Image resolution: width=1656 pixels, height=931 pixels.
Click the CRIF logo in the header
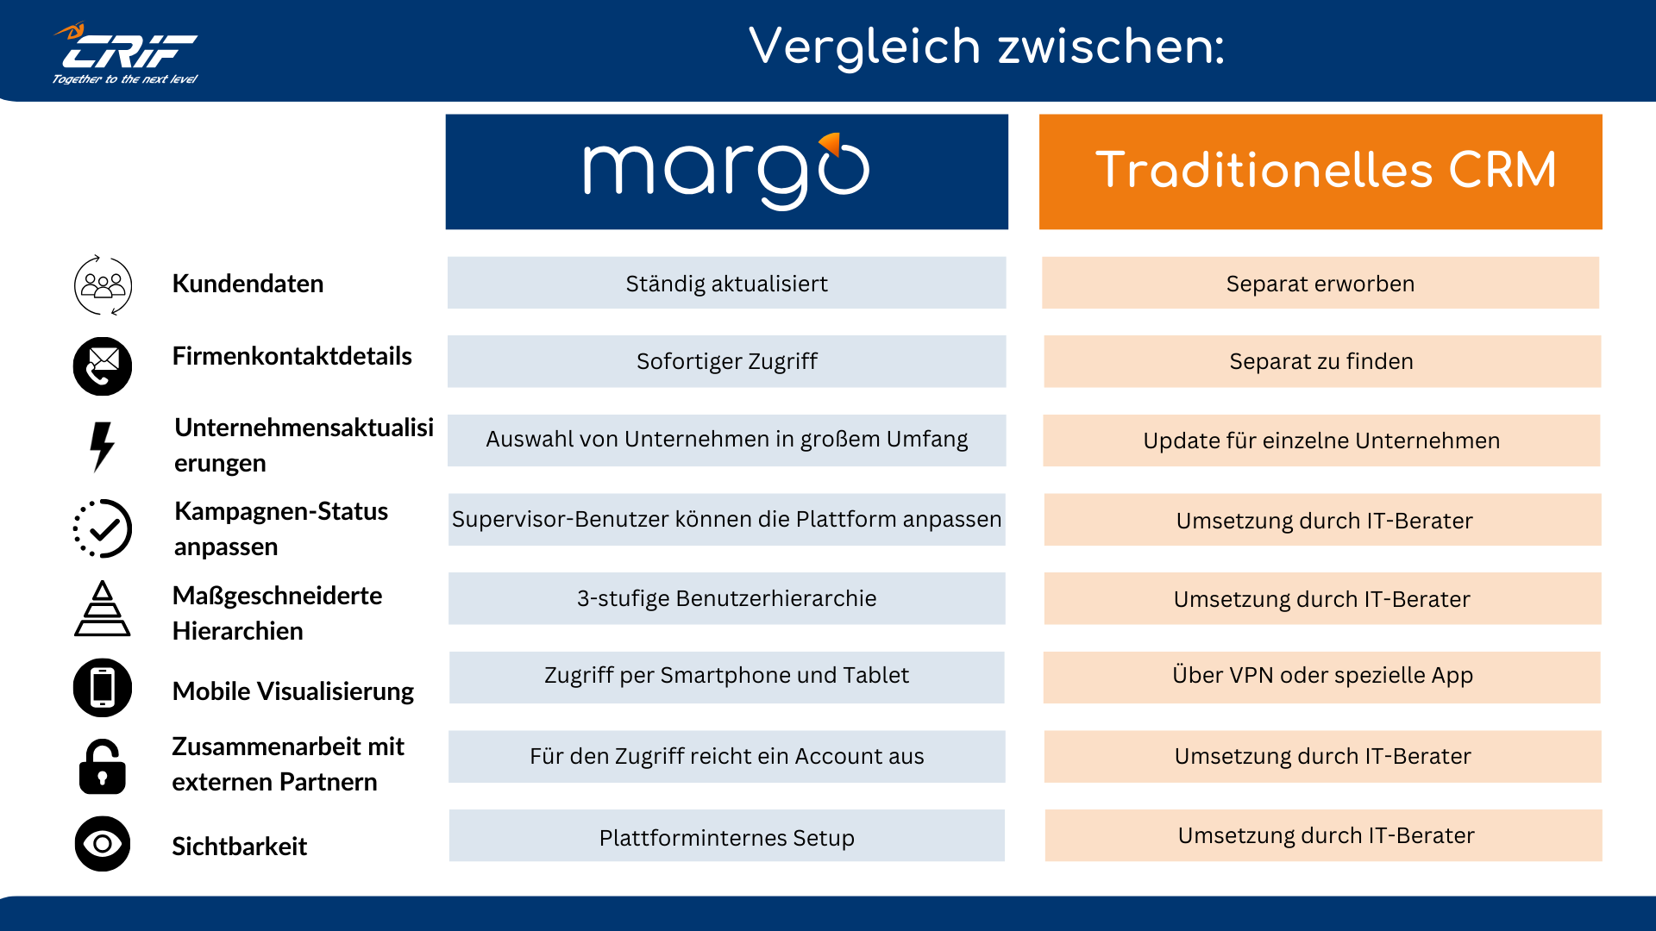(128, 50)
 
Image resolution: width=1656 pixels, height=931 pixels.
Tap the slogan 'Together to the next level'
(125, 79)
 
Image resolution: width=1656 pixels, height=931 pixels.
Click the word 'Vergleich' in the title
(864, 47)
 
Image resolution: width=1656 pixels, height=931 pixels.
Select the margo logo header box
(726, 172)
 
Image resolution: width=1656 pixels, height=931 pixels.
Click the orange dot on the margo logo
(831, 142)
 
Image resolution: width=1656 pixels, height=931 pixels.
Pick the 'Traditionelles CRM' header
(1320, 171)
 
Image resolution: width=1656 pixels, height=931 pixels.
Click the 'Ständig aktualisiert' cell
(726, 283)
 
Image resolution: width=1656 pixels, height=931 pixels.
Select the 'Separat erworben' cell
(1320, 283)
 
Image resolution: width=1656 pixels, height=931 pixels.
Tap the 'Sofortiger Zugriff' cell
(726, 361)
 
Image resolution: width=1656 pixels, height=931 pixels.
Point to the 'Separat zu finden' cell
(1321, 361)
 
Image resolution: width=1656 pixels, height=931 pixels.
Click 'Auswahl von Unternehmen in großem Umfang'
(726, 440)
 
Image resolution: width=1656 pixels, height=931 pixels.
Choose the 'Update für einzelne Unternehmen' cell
(1321, 441)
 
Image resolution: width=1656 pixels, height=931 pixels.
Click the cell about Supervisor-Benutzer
(726, 519)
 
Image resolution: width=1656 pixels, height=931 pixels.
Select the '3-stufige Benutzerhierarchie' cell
(726, 598)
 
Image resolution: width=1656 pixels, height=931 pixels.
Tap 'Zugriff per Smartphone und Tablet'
(726, 676)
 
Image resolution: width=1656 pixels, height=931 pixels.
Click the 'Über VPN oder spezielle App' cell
(1321, 676)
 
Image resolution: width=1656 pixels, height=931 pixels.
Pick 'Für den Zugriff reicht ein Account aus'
(726, 756)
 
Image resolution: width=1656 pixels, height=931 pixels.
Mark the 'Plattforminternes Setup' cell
(726, 836)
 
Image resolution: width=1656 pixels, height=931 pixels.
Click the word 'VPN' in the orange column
(1251, 675)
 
